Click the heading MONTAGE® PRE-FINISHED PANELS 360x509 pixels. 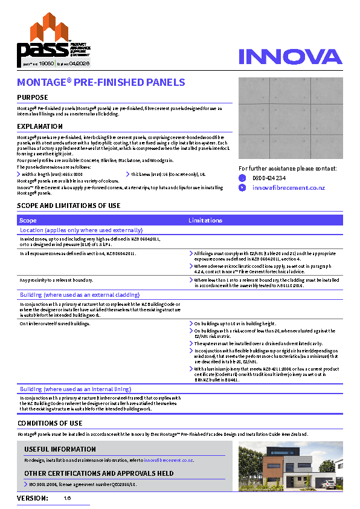[101, 82]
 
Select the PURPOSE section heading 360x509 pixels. [33, 97]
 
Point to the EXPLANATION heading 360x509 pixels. [40, 126]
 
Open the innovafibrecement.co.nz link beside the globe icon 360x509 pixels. [288, 188]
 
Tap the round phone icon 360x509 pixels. [242, 178]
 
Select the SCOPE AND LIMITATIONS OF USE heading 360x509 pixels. [69, 206]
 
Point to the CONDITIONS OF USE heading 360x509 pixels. [50, 423]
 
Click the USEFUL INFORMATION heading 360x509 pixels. [60, 449]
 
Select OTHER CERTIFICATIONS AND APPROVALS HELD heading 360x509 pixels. [99, 473]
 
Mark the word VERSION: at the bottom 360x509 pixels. [33, 498]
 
